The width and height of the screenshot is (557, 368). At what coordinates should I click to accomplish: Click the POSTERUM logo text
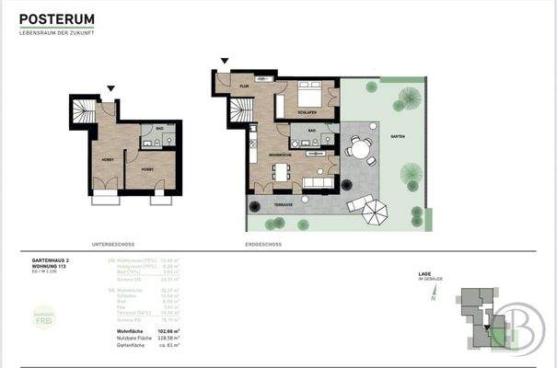coord(57,18)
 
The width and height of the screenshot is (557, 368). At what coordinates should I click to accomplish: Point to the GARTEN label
coord(397,135)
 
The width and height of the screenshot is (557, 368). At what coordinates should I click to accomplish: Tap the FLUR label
coord(245,86)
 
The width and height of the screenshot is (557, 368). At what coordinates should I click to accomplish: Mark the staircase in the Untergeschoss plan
coord(84,115)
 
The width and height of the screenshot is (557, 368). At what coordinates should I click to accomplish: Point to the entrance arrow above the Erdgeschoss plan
coord(222,63)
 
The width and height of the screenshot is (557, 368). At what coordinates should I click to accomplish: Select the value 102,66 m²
coord(167,328)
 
